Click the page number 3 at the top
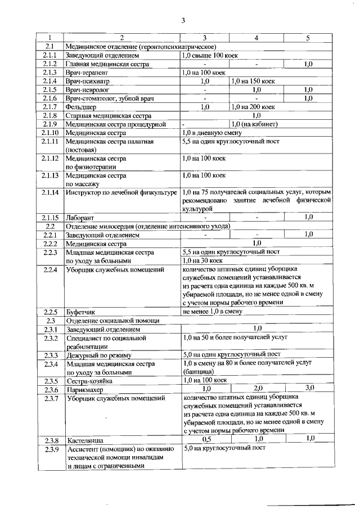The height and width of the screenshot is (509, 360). coord(183,21)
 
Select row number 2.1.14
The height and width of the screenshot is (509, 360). coord(49,193)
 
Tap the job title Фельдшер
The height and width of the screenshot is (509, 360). coord(79,106)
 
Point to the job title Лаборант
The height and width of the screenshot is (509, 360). coord(79,218)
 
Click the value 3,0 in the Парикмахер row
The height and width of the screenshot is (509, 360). coord(309,388)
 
